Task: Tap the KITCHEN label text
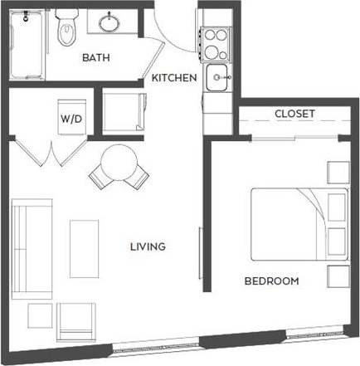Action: pyautogui.click(x=173, y=79)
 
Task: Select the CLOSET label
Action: pyautogui.click(x=294, y=114)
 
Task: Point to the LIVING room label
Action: pyautogui.click(x=148, y=246)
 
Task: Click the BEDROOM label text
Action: pyautogui.click(x=271, y=281)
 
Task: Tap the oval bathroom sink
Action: pyautogui.click(x=109, y=22)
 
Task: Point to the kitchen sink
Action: pyautogui.click(x=218, y=80)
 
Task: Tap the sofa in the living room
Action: pyautogui.click(x=29, y=246)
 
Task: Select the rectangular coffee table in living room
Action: pyautogui.click(x=84, y=248)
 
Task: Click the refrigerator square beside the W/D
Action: pyautogui.click(x=123, y=111)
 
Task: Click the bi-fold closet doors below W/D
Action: pyautogui.click(x=52, y=154)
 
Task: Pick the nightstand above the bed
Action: pyautogui.click(x=338, y=172)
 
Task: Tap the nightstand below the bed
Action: pyautogui.click(x=338, y=276)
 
